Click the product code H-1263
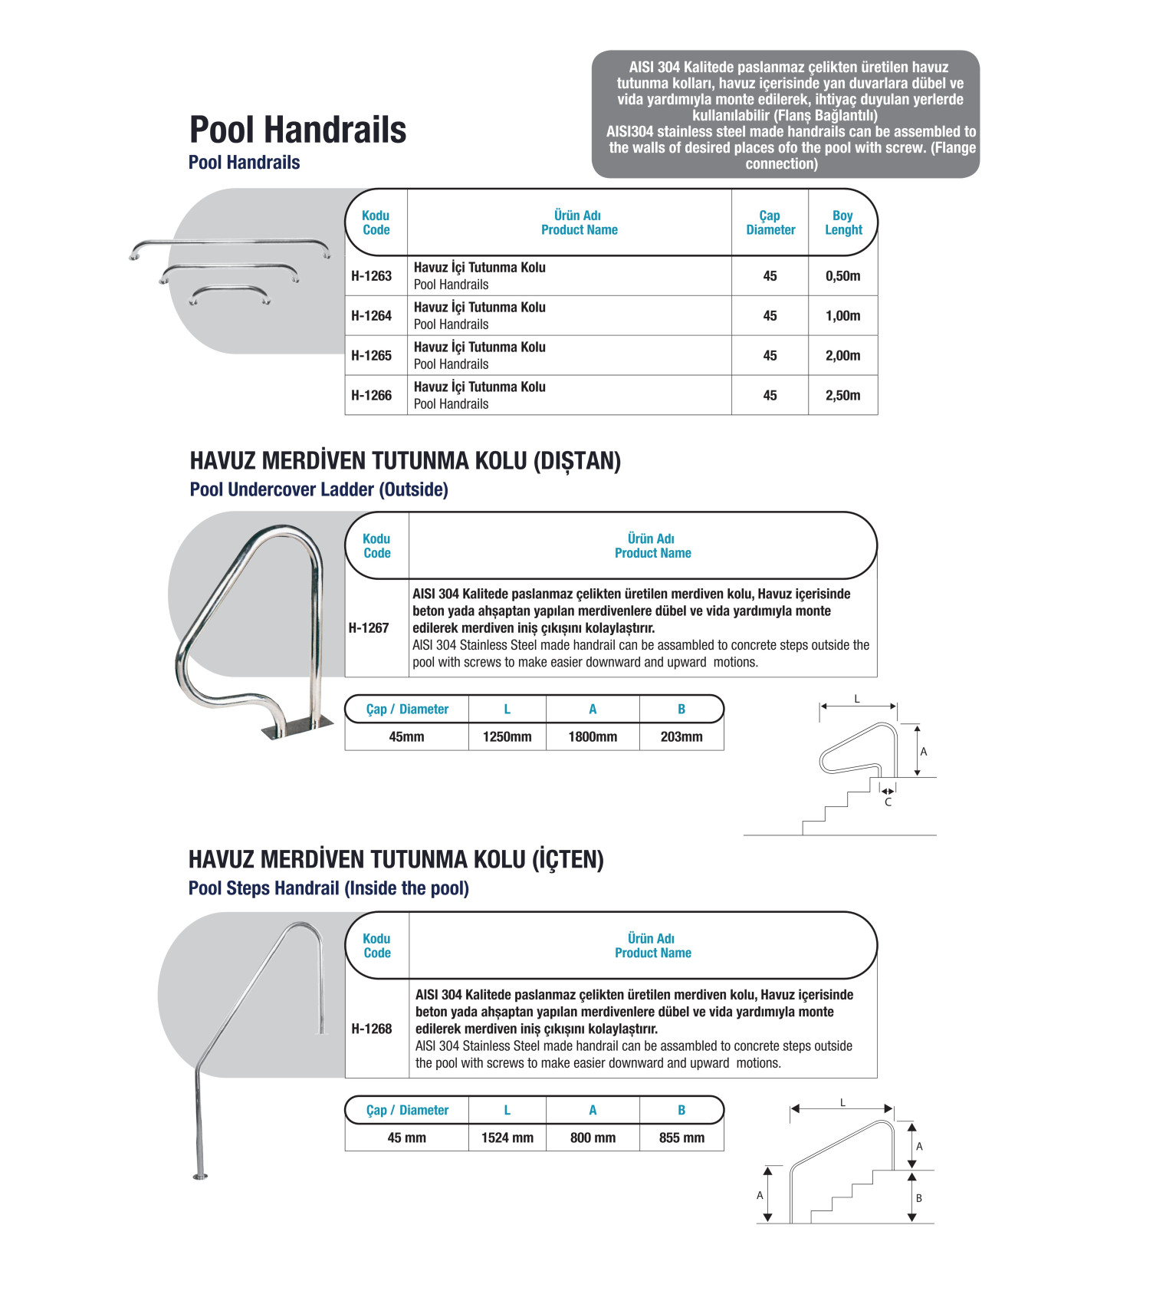point(371,276)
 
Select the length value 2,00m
point(842,356)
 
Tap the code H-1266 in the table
point(371,396)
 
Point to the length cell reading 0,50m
point(842,276)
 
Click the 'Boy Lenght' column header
point(842,222)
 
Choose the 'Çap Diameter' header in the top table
point(770,222)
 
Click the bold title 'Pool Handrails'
point(297,130)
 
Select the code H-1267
point(369,628)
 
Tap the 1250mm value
point(507,737)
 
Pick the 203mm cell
point(681,737)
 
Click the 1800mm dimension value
point(593,737)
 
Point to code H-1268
point(371,1029)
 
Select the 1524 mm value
point(507,1138)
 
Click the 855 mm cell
point(681,1138)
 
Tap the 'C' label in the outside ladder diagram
point(888,802)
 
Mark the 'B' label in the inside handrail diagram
point(918,1198)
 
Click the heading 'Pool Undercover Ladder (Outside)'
point(319,489)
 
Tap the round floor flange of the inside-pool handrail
point(201,1176)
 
